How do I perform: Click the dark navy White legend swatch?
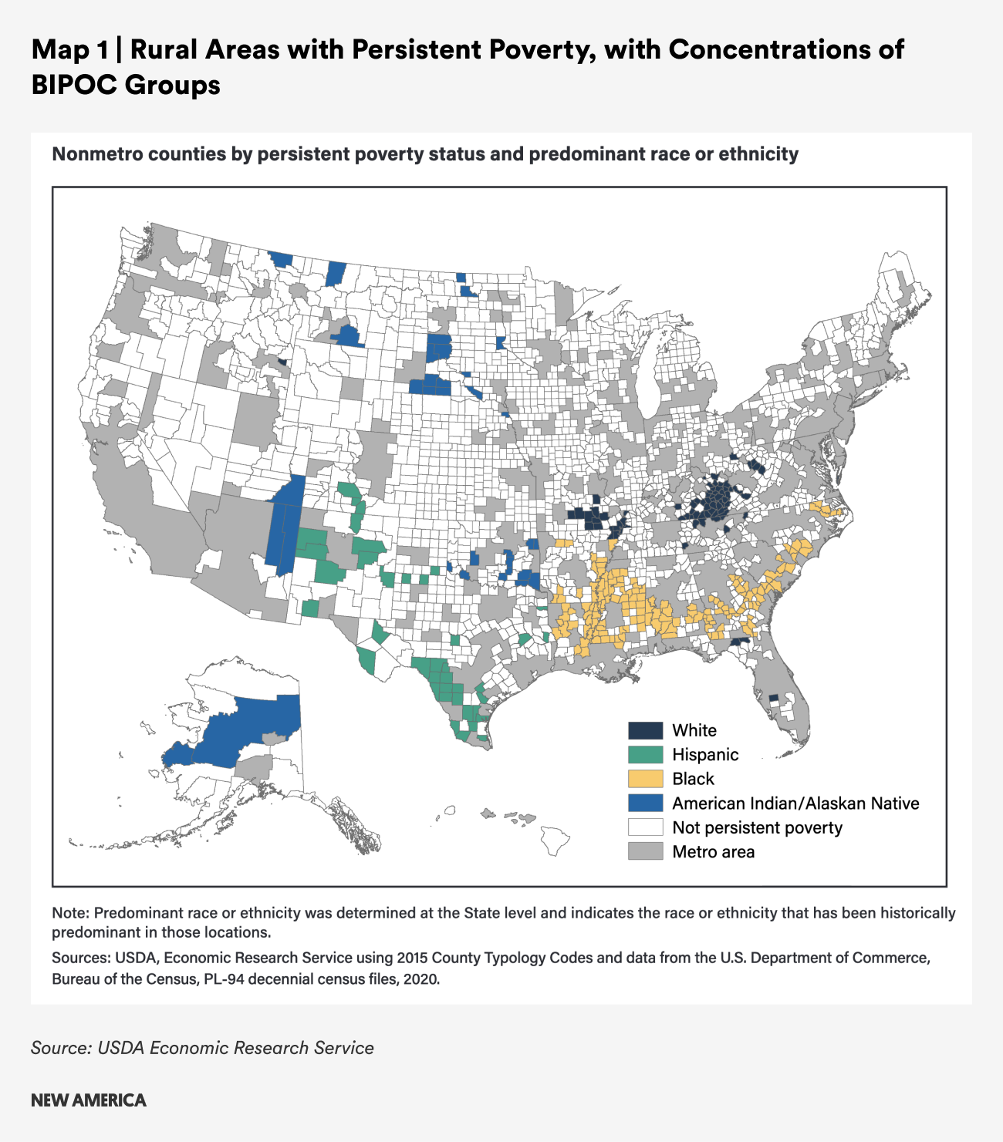(x=645, y=730)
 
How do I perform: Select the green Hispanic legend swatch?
(x=645, y=754)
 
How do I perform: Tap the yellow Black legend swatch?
(x=645, y=779)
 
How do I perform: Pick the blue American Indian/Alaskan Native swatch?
(x=645, y=803)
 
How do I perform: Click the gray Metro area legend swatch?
(x=645, y=851)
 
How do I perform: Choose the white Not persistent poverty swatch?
(x=645, y=827)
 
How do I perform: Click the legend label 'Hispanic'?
(x=705, y=755)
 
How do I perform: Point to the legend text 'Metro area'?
(x=713, y=852)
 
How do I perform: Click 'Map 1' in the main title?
(x=70, y=50)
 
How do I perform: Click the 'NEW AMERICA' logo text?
(x=89, y=1100)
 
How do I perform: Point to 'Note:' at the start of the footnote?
(x=70, y=913)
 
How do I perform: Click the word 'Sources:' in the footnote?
(x=80, y=958)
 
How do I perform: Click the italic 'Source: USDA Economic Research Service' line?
(x=202, y=1048)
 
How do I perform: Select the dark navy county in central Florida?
(x=774, y=697)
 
